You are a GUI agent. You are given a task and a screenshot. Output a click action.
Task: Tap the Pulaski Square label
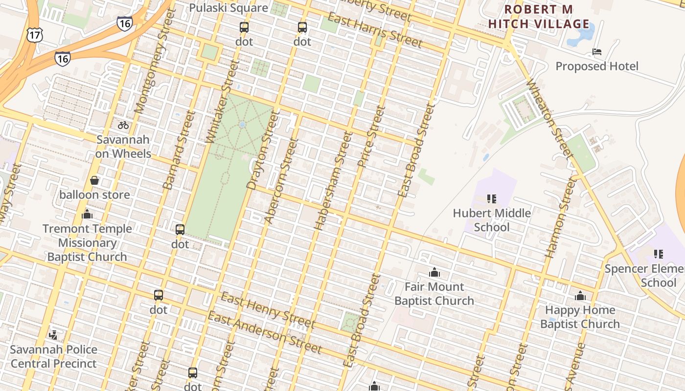(x=228, y=8)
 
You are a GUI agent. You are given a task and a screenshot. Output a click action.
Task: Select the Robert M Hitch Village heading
(x=539, y=17)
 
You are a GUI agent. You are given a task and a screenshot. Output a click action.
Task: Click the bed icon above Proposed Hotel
(x=596, y=52)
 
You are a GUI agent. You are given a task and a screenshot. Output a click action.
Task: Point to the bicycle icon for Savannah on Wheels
(x=123, y=125)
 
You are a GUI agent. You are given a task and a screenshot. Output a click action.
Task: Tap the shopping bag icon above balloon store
(x=94, y=181)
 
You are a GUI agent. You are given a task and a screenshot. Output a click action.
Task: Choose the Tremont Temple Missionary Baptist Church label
(x=87, y=243)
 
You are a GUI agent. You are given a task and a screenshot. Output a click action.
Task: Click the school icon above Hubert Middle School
(x=492, y=199)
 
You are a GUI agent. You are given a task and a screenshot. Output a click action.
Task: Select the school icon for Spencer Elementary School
(x=659, y=254)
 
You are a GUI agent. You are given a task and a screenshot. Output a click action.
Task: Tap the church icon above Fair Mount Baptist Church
(x=434, y=272)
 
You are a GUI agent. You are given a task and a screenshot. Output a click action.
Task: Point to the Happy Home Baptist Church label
(x=580, y=317)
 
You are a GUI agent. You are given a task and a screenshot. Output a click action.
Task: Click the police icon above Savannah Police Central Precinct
(x=53, y=335)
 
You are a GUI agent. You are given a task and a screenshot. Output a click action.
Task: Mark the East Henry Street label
(x=268, y=310)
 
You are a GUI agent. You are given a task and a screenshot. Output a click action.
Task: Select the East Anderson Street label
(x=265, y=332)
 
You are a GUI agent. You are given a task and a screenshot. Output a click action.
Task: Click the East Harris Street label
(x=374, y=30)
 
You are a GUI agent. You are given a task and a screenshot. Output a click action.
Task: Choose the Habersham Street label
(x=333, y=181)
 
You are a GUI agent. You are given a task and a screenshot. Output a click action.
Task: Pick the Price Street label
(x=372, y=137)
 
